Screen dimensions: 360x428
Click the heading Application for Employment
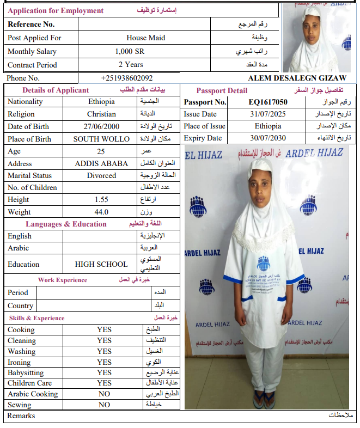tap(56, 11)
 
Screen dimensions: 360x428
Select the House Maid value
tap(145, 38)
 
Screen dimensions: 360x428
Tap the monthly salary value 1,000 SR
tap(130, 52)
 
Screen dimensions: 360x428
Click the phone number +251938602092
tap(127, 78)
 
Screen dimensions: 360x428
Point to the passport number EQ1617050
tap(268, 102)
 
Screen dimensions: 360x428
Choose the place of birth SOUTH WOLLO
tap(101, 139)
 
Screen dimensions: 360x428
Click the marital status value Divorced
tap(101, 176)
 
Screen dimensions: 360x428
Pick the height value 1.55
tap(101, 200)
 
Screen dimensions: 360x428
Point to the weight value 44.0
tap(101, 212)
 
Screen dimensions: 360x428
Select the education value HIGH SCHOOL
tap(101, 264)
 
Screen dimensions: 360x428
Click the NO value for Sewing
tap(104, 405)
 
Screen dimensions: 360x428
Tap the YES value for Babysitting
tap(104, 373)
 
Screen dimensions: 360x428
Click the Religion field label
tap(21, 114)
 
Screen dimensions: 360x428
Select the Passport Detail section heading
tap(222, 90)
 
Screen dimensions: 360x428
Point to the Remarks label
tap(21, 416)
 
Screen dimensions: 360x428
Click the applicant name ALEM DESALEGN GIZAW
tap(297, 78)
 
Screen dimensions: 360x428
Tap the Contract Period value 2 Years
tap(131, 65)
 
